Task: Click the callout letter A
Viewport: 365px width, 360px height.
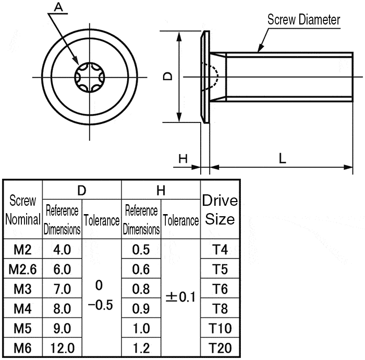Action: click(58, 7)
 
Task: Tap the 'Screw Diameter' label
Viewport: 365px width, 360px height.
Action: click(303, 20)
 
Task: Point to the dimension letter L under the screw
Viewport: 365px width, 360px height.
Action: click(282, 159)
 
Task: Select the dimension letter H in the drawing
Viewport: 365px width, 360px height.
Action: click(182, 159)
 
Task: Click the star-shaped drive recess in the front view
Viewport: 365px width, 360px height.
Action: click(85, 78)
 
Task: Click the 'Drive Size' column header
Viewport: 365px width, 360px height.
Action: click(220, 209)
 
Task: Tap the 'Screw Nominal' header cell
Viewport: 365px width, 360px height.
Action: click(23, 210)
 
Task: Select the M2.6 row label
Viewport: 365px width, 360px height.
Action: click(23, 269)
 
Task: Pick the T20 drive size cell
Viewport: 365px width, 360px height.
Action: click(220, 348)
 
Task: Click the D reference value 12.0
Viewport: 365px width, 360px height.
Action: click(62, 348)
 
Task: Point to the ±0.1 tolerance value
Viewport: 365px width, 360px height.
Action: click(180, 297)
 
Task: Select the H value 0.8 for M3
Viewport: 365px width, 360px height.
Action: click(141, 289)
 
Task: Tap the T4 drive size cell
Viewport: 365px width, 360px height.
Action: click(220, 250)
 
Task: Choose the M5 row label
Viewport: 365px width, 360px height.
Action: click(23, 328)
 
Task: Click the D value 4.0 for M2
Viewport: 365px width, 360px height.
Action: click(62, 250)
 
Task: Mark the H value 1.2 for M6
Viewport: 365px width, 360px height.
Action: click(141, 348)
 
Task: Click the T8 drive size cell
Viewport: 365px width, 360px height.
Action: click(220, 308)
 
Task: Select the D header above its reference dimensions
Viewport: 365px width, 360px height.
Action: click(82, 190)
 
